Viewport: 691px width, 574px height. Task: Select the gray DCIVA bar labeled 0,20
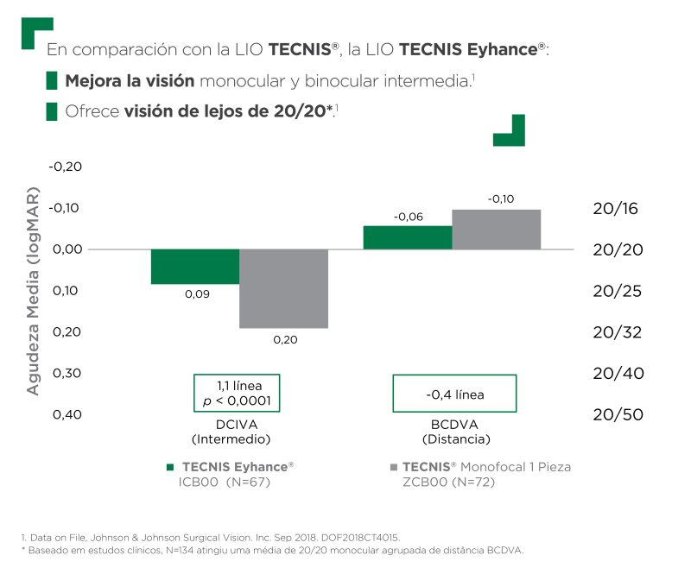[283, 288]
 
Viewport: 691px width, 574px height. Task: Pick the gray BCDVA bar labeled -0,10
[496, 229]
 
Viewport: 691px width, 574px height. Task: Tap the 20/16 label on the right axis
[618, 208]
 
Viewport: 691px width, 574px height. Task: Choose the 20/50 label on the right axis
[618, 414]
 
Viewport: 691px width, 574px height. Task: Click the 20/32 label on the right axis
[618, 332]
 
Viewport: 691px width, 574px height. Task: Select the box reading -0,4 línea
[454, 394]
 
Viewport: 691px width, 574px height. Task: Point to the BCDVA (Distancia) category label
[454, 432]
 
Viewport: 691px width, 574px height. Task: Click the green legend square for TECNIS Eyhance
[169, 467]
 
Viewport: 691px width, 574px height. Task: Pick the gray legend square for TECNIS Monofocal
[394, 467]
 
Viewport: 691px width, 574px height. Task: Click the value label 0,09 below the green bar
[196, 294]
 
